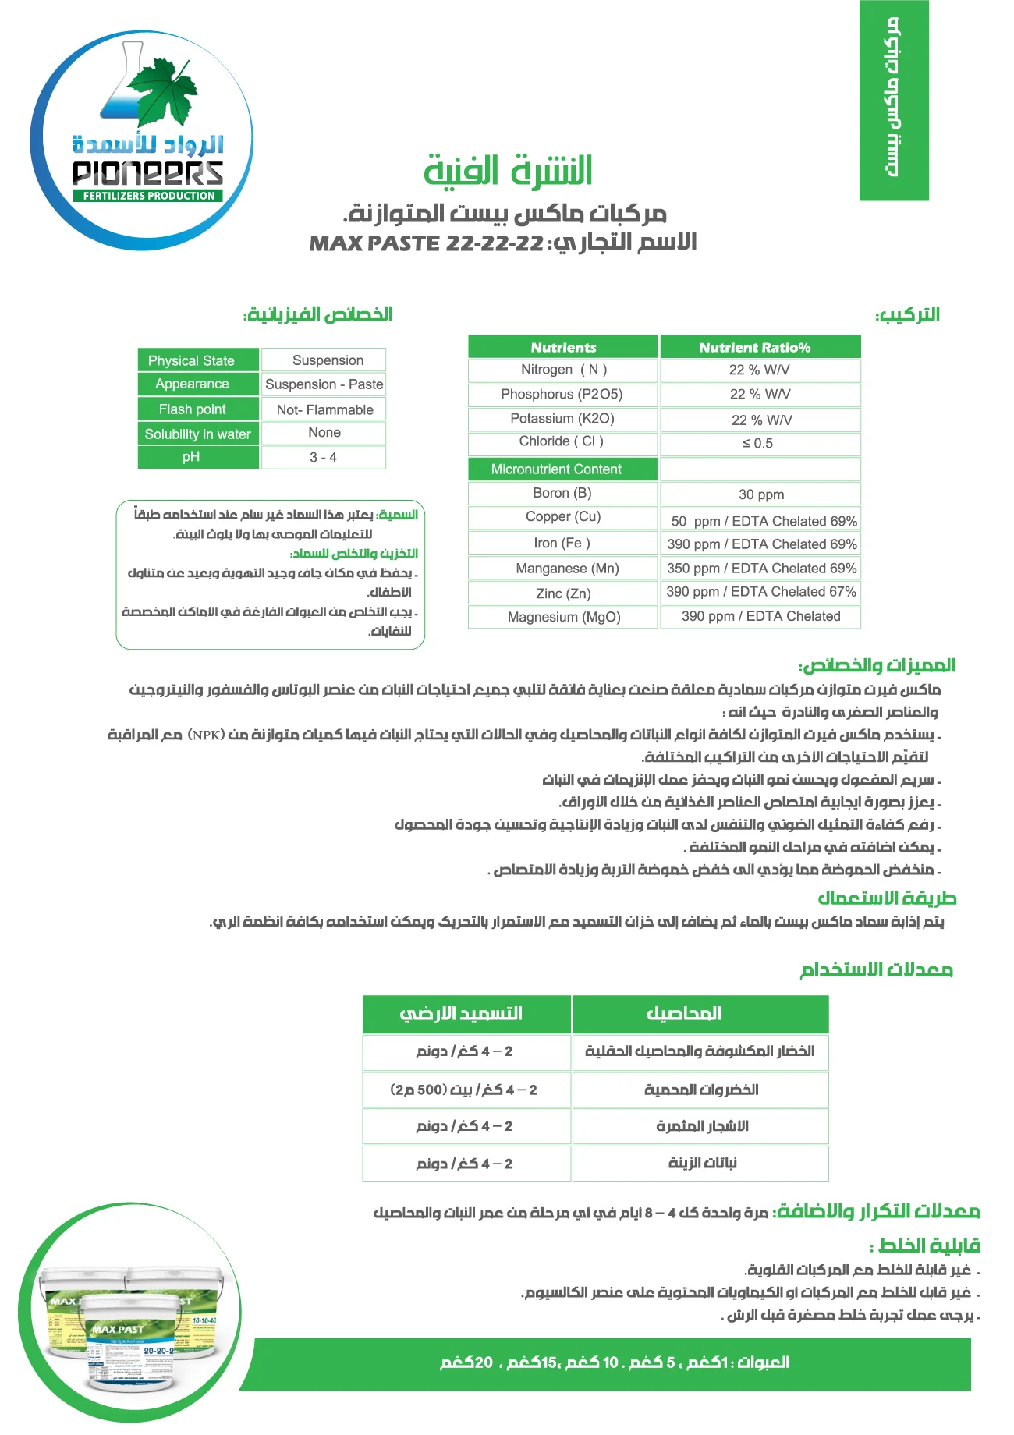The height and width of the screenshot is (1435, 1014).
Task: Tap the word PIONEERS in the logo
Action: (x=148, y=173)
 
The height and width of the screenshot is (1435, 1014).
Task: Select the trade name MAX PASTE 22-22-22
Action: (x=427, y=243)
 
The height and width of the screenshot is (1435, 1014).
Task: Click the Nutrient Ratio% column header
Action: (x=760, y=347)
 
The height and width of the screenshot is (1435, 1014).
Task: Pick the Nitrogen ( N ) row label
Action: (x=563, y=370)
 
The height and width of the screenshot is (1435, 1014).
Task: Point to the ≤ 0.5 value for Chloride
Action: (x=760, y=444)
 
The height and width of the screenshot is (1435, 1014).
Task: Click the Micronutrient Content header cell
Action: (x=562, y=469)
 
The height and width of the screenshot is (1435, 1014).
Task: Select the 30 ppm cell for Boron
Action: (x=760, y=494)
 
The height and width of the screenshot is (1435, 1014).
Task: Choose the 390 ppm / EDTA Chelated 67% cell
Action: (x=760, y=592)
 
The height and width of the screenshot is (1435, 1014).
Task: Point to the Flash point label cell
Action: (x=198, y=409)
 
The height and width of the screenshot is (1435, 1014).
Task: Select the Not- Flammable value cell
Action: (x=324, y=409)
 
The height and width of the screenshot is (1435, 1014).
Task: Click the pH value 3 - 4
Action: (x=324, y=458)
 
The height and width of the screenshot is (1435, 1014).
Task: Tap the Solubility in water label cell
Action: (x=198, y=434)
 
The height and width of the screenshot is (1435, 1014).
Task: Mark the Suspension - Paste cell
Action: (x=324, y=384)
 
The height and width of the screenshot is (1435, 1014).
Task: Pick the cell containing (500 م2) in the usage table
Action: (x=466, y=1090)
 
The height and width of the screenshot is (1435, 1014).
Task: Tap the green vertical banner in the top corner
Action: (x=894, y=100)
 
